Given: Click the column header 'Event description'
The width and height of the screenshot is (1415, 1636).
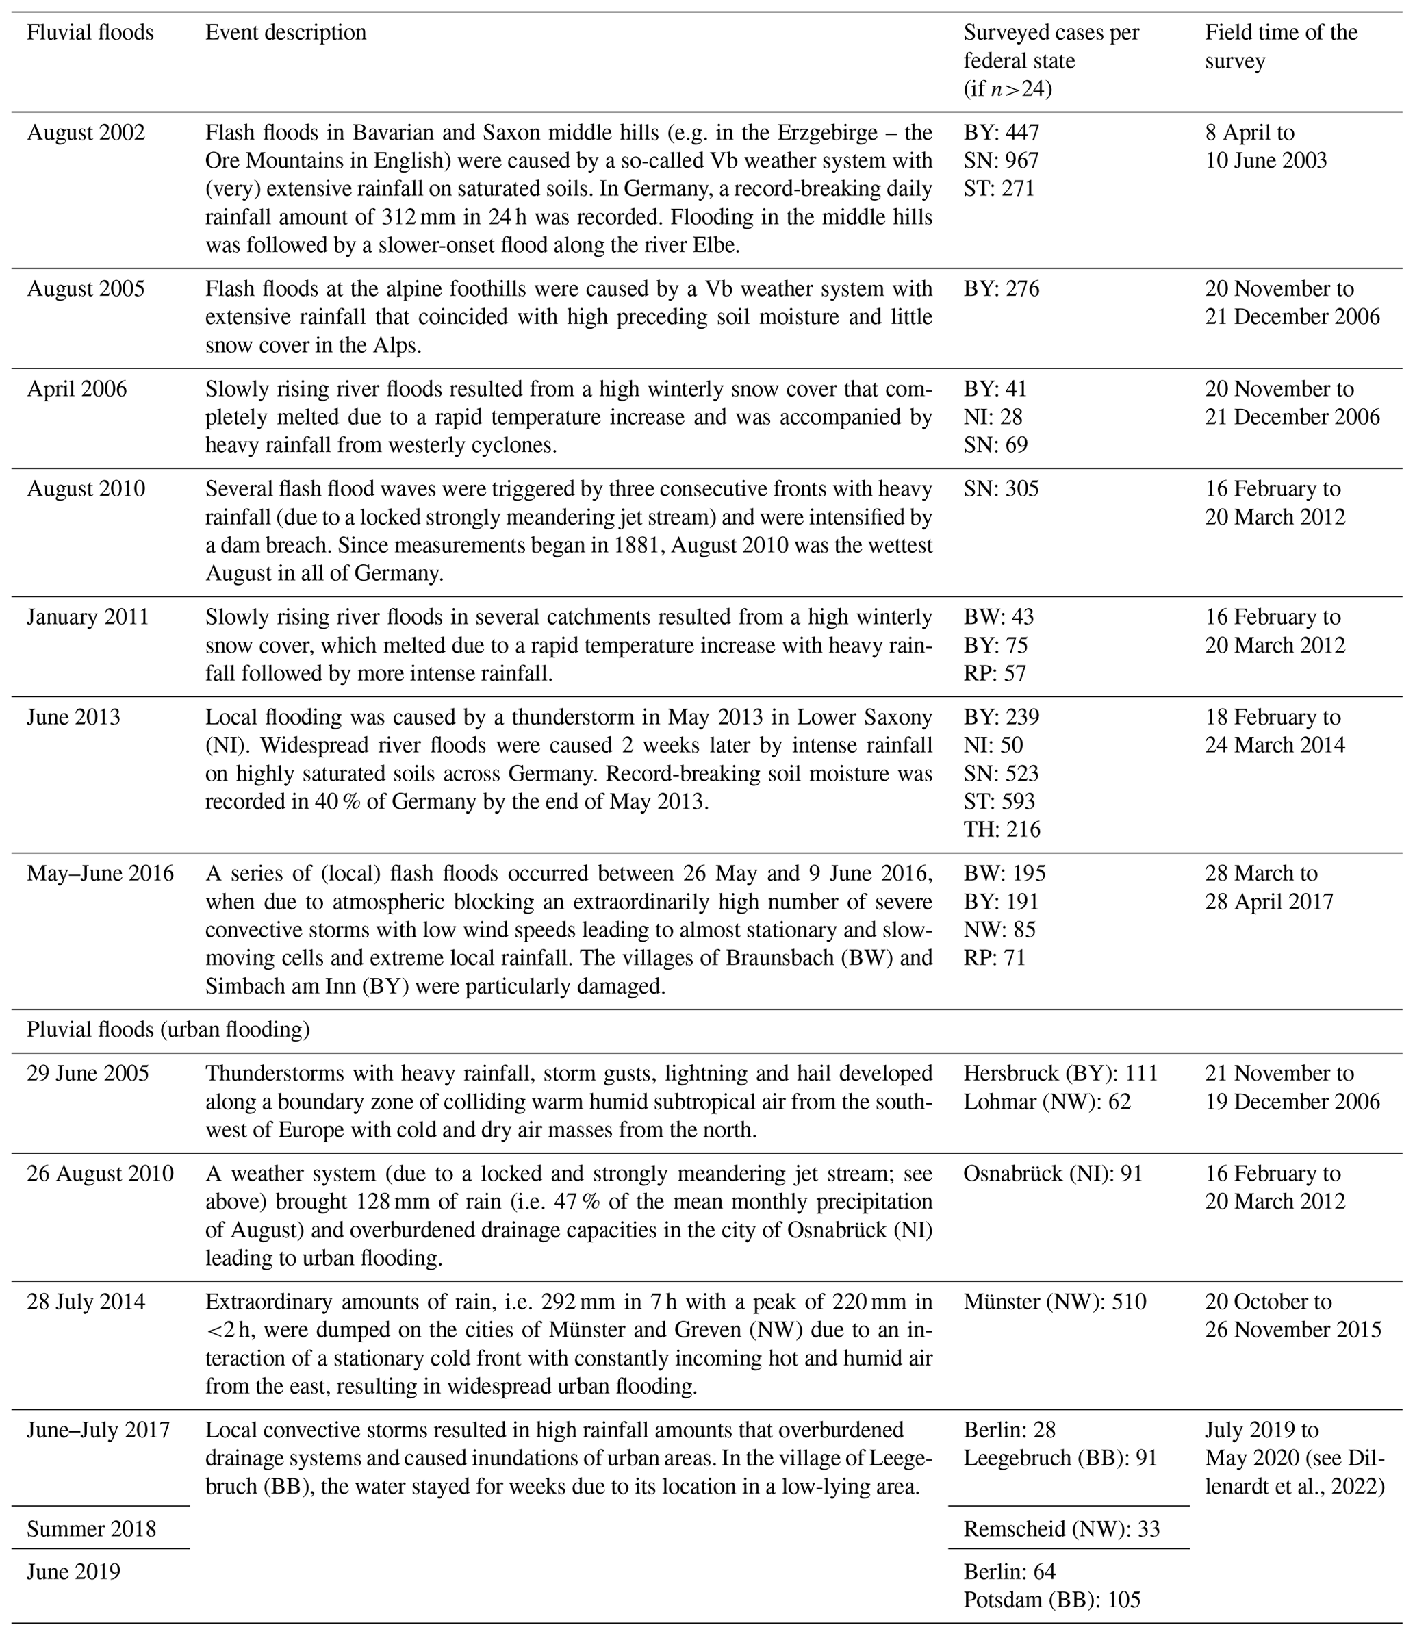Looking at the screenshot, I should coord(286,32).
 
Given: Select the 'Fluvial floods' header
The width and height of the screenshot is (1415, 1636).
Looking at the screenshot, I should coord(90,32).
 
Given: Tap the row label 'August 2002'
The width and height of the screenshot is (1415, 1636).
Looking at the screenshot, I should coord(86,132).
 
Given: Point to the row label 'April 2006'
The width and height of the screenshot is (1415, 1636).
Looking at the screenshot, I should coord(77,389).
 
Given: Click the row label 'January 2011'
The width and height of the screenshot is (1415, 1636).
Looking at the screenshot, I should coord(88,617).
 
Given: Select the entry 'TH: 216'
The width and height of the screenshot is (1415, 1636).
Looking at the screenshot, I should coord(1002,829).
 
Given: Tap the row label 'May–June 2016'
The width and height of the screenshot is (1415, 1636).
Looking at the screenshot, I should coord(100,874).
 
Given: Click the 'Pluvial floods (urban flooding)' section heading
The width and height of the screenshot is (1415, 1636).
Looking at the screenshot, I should coord(168,1030).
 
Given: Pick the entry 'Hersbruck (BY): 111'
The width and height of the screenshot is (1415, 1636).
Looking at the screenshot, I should coord(1060,1074).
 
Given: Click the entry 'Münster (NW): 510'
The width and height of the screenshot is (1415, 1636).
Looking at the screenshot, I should coord(1054,1301).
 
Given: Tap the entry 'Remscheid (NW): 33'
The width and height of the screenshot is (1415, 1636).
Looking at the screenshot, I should coord(1061,1529).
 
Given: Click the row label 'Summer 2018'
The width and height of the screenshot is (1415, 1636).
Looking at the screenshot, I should coord(92,1529).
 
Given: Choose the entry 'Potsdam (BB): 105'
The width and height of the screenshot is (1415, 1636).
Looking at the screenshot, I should coord(1051,1600).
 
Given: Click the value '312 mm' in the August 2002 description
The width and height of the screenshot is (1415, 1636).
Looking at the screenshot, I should coord(416,217).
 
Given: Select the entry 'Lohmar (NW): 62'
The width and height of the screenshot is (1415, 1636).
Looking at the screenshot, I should coord(1046,1102).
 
